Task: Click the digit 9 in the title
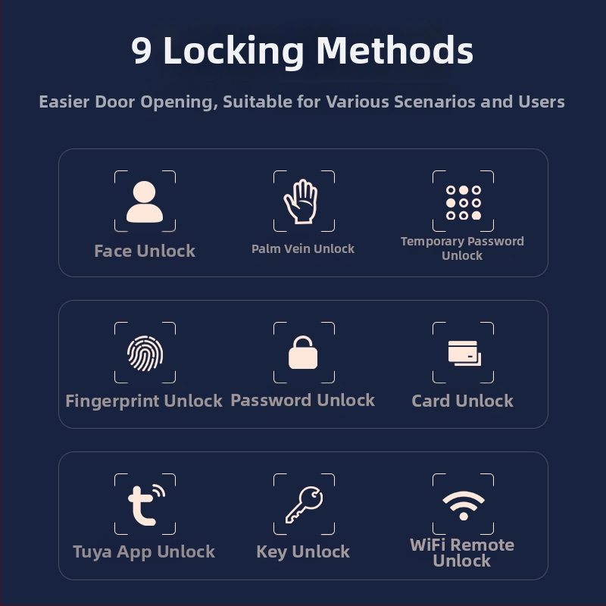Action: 141,50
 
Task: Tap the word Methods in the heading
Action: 395,50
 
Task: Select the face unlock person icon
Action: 145,201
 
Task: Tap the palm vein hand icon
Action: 301,201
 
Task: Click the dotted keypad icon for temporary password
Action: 464,202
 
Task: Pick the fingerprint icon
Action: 145,353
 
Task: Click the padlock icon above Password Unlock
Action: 303,352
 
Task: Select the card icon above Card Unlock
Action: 464,353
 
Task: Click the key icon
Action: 305,504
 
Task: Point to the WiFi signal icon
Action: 464,505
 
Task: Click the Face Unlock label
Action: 145,251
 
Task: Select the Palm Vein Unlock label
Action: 303,248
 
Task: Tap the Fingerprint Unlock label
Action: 144,401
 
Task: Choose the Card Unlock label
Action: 463,401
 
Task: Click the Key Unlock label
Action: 303,552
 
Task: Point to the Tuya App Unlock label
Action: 144,552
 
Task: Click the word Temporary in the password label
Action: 433,242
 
